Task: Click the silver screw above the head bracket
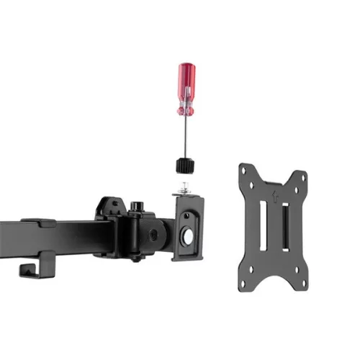pos(185,189)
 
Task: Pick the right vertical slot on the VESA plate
pos(284,228)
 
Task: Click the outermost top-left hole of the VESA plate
pos(244,171)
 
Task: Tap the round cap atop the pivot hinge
pos(135,207)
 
